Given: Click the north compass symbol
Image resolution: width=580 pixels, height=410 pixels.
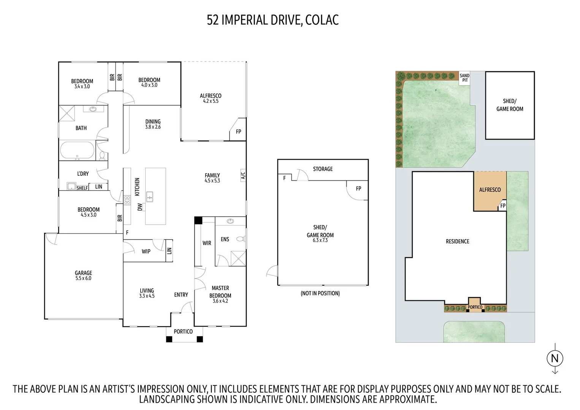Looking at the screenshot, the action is tap(555, 358).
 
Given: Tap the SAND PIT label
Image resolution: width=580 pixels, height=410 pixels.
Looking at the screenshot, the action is tap(464, 78).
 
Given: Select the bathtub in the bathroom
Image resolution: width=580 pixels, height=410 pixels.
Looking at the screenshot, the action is tap(77, 150).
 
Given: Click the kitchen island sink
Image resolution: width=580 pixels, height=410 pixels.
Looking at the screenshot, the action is tap(150, 197).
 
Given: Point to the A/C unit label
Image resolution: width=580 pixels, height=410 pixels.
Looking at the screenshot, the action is tap(243, 175).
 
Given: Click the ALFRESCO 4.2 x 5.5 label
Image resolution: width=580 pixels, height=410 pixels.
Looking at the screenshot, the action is tap(211, 98).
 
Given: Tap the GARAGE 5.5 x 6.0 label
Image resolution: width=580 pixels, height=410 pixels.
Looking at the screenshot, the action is tap(83, 275).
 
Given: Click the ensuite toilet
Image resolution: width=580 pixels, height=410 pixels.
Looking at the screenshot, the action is tap(240, 239).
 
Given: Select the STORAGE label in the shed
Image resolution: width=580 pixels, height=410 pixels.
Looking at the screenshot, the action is tap(323, 169).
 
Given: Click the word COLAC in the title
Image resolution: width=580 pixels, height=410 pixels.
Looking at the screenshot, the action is tap(322, 20).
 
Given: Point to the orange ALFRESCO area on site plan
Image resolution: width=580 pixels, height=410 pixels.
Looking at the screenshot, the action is tap(490, 190).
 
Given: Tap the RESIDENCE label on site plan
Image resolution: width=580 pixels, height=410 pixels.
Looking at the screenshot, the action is tap(457, 241).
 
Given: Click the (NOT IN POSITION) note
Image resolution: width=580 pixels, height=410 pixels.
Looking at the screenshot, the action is tap(320, 293).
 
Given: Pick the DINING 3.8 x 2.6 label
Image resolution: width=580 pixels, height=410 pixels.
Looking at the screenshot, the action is tap(153, 124).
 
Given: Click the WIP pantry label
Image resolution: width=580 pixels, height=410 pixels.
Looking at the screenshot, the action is tap(146, 251).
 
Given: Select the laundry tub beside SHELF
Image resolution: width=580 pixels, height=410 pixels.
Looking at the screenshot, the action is tap(71, 186).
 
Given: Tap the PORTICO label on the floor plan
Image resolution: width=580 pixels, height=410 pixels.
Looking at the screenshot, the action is tap(183, 331).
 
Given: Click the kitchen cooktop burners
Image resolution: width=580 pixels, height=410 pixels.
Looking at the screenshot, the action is tap(127, 200).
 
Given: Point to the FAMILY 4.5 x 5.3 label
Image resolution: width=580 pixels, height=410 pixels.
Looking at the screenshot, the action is tap(212, 178).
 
